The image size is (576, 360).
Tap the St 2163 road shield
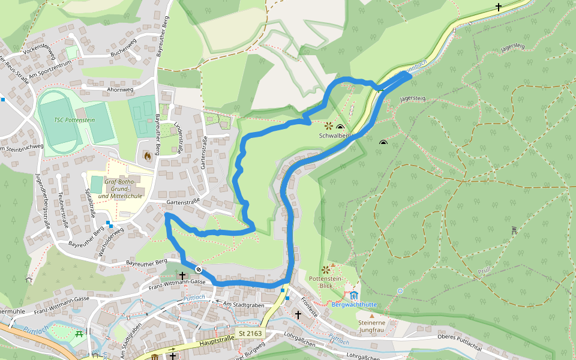[x=250, y=333]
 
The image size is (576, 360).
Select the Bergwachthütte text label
[x=371, y=304]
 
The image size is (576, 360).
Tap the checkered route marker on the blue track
[x=197, y=269]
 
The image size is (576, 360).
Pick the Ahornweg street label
[x=119, y=89]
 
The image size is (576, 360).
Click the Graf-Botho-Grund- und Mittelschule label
[x=119, y=188]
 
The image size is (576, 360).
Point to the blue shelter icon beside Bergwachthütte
[x=354, y=295]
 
